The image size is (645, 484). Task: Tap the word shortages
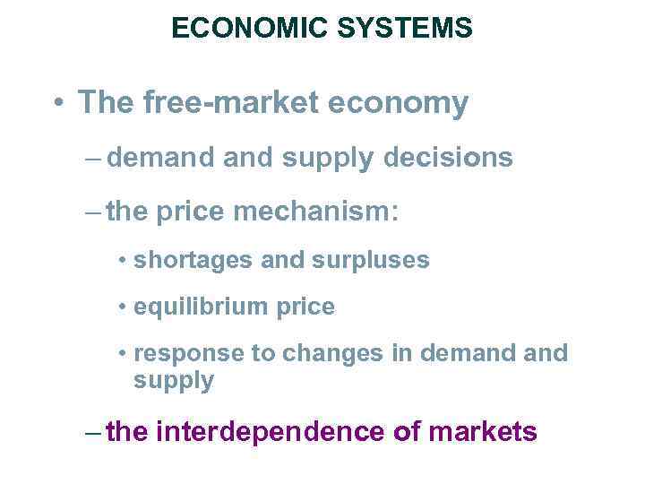(185, 261)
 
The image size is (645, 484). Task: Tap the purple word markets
(484, 433)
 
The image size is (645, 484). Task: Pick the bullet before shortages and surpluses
(122, 261)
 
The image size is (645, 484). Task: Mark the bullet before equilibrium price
(122, 307)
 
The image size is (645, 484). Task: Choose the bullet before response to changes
(122, 354)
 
